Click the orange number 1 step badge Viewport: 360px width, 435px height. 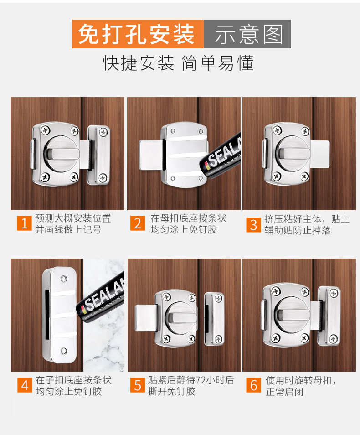tap(24, 223)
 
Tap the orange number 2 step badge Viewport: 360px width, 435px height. tap(138, 223)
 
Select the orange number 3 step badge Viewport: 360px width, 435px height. tap(253, 225)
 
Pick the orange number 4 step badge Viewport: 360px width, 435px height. tap(25, 385)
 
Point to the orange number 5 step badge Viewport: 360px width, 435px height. tap(138, 385)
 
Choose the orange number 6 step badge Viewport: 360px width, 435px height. tap(253, 385)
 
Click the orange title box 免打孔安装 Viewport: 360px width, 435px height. tap(138, 34)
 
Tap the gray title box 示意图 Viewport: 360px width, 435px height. tap(248, 34)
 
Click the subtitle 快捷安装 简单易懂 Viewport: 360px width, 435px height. tap(178, 63)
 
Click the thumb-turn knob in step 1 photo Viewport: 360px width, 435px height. tap(62, 153)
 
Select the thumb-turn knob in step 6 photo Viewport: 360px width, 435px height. tap(293, 315)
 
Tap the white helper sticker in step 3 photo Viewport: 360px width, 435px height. tap(320, 154)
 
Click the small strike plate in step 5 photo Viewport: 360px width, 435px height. tap(214, 319)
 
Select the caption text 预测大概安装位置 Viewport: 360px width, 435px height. tap(73, 218)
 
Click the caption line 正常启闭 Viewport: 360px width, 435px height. tap(284, 392)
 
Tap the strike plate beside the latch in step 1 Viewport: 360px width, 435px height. tap(99, 155)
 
